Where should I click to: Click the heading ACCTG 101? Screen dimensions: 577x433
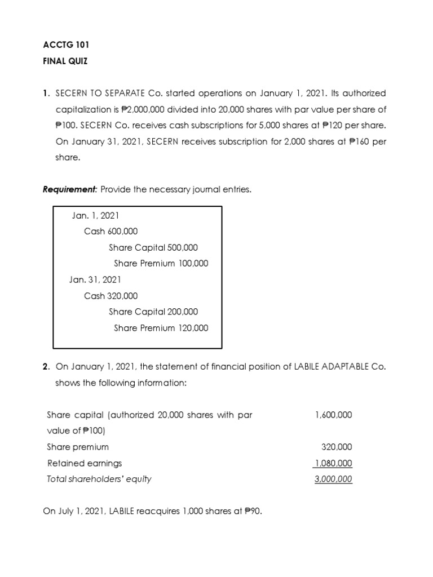click(x=65, y=45)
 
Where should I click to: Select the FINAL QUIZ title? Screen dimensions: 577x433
click(x=65, y=61)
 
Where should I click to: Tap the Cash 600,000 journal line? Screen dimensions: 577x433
click(x=111, y=231)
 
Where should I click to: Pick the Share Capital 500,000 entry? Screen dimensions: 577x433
click(x=153, y=247)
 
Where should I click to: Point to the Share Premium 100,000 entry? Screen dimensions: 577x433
click(x=161, y=263)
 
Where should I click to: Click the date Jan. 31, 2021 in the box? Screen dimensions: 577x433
click(x=95, y=279)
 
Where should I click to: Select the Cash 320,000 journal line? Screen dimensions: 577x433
click(x=111, y=296)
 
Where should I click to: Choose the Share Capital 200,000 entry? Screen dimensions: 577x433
click(x=153, y=312)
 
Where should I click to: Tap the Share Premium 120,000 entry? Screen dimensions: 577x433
click(x=161, y=328)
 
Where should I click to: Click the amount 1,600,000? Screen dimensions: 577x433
click(x=334, y=415)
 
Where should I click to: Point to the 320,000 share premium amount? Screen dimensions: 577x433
click(x=337, y=447)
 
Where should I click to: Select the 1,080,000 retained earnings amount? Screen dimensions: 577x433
click(x=333, y=463)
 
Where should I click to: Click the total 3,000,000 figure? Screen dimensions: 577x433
click(x=333, y=480)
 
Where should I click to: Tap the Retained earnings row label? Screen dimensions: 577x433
click(x=85, y=463)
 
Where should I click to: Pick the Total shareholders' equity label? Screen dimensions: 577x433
click(x=99, y=480)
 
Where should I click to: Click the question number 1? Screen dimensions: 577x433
click(x=46, y=93)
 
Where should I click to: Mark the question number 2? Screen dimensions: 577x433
click(x=46, y=366)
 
